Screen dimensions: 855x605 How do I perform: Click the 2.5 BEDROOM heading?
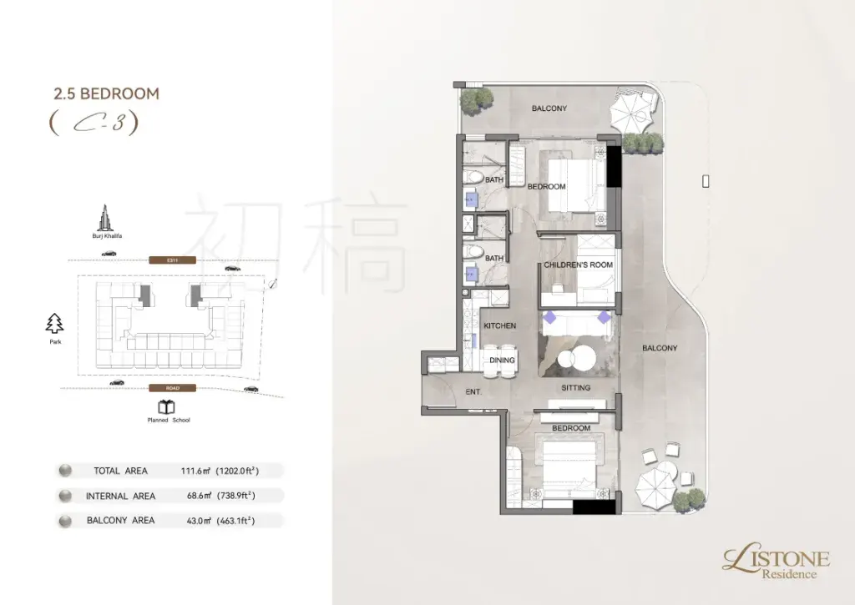(x=106, y=93)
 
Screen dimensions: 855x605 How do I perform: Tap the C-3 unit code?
(x=94, y=124)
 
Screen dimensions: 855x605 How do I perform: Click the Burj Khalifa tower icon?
(x=107, y=218)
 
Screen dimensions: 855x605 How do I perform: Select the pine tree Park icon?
(x=54, y=323)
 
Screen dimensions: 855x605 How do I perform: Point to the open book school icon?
(x=166, y=406)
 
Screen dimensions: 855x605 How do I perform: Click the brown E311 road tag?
(x=172, y=260)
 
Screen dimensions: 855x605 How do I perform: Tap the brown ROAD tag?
(x=172, y=388)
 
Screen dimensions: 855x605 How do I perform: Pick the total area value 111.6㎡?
(x=195, y=471)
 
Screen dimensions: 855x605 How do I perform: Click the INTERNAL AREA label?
(x=120, y=496)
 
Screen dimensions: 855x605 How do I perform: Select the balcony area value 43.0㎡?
(x=199, y=521)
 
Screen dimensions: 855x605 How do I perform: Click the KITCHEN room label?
(x=499, y=326)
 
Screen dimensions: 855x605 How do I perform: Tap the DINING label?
(x=502, y=360)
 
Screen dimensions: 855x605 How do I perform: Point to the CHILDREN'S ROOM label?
(x=578, y=265)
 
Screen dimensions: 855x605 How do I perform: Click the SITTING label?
(x=576, y=388)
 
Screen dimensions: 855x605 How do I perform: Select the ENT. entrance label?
(x=473, y=392)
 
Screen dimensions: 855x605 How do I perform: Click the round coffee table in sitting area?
(x=576, y=358)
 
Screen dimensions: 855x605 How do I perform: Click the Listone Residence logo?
(x=776, y=563)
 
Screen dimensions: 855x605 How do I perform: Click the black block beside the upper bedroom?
(x=614, y=166)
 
